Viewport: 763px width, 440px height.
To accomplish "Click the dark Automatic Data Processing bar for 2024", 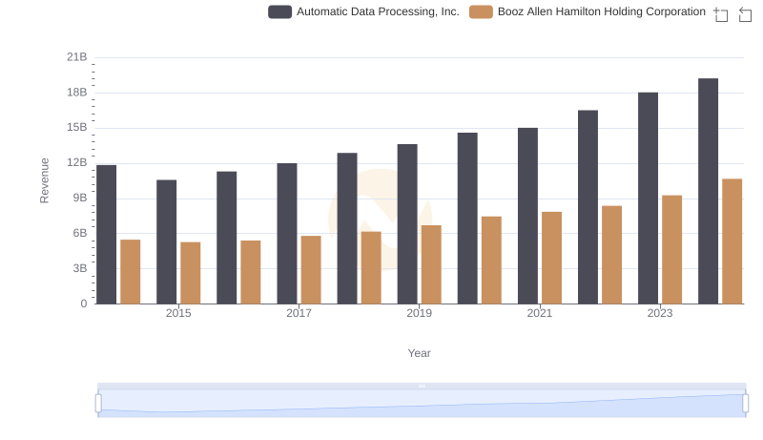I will click(708, 191).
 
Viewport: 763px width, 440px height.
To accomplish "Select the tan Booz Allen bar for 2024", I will click(732, 241).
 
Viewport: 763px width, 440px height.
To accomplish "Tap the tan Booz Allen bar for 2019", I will click(431, 264).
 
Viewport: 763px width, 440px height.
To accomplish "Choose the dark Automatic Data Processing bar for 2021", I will click(527, 216).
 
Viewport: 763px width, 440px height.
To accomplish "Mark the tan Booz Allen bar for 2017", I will click(311, 270).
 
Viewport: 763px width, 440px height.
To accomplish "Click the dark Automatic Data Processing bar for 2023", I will click(648, 199).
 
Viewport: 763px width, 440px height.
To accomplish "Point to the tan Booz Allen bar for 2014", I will click(131, 272).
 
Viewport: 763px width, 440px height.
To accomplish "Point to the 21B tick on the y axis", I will click(76, 57).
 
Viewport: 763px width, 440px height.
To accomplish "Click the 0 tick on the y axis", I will click(83, 304).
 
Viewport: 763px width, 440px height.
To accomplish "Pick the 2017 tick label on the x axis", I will click(299, 313).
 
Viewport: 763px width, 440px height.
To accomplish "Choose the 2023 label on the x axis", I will click(660, 313).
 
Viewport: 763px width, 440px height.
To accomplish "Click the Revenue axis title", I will click(44, 180).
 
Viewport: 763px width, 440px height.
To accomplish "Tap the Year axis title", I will click(420, 353).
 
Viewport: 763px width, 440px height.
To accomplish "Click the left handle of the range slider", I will click(98, 403).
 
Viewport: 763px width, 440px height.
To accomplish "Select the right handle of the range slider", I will click(746, 403).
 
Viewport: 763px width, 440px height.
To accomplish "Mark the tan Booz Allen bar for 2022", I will click(611, 255).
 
